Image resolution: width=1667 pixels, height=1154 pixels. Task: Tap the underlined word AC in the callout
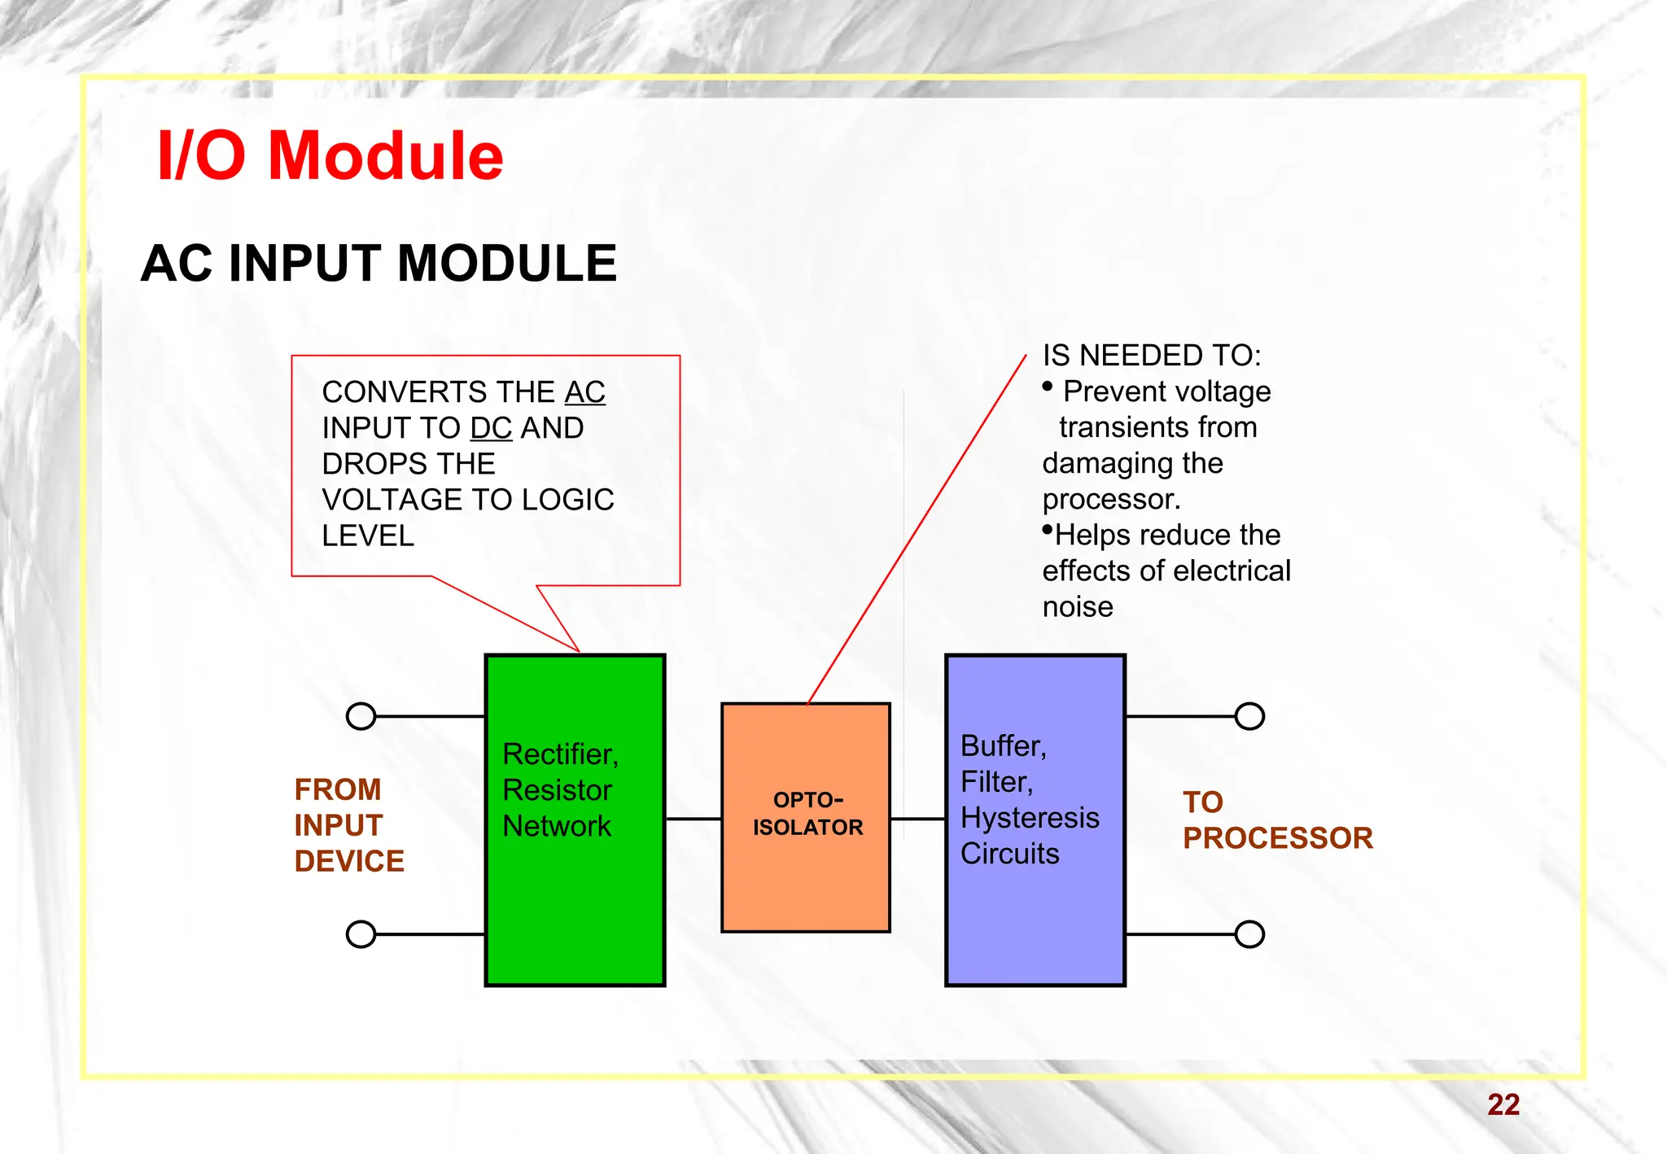[584, 392]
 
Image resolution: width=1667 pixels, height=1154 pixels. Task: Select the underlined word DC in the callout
[491, 428]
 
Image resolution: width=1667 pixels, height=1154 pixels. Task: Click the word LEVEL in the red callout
[368, 535]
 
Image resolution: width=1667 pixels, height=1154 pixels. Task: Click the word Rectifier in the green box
[558, 754]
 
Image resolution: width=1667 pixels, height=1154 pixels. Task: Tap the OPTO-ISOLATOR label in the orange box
[807, 814]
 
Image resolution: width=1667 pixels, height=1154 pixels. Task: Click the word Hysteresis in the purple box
[1030, 817]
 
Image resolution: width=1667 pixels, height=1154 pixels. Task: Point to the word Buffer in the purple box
[1001, 745]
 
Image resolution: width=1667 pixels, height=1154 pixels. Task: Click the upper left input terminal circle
[361, 716]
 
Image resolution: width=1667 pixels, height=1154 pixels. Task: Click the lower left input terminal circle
[361, 933]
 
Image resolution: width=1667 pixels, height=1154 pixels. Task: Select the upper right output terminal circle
[1249, 716]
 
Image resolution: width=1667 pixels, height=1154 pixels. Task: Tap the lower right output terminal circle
[1249, 933]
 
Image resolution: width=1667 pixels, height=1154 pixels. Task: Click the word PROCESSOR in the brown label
[1277, 838]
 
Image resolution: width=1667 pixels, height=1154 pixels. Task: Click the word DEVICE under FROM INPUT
[349, 861]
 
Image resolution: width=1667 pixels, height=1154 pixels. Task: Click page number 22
[1503, 1104]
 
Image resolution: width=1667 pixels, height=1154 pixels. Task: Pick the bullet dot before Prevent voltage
[1048, 387]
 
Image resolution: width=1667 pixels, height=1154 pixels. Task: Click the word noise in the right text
[1077, 607]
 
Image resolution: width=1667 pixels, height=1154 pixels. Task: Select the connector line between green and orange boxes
[693, 819]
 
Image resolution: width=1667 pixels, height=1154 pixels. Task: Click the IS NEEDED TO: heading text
[1151, 356]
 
